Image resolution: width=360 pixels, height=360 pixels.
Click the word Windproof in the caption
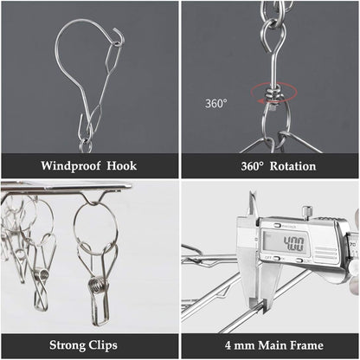(x=71, y=166)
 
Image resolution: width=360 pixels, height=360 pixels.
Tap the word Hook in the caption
(x=122, y=166)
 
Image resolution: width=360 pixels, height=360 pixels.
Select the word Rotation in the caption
(x=292, y=166)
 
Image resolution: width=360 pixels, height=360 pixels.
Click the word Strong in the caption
(x=67, y=345)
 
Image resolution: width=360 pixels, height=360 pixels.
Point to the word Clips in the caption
(x=103, y=345)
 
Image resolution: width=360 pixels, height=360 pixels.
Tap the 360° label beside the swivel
(x=215, y=103)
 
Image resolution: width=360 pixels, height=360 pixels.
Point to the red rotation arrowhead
(x=261, y=101)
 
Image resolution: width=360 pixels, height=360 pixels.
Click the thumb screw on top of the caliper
(x=307, y=211)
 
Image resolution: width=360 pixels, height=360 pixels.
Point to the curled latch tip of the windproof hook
(x=119, y=32)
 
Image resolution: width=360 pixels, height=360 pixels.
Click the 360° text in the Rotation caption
(x=253, y=166)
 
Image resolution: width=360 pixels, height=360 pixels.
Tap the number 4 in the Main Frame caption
(x=228, y=345)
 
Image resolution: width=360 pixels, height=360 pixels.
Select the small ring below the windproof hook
(x=86, y=145)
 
